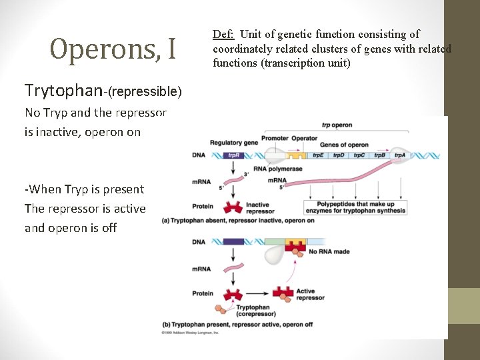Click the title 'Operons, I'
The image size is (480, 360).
(x=113, y=48)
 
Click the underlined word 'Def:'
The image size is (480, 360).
(x=224, y=34)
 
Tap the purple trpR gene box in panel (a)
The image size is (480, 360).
(x=234, y=155)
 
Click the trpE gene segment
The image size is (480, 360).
(x=318, y=155)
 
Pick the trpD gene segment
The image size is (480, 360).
(x=339, y=155)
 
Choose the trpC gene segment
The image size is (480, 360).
(x=359, y=155)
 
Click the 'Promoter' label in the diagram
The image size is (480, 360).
(x=275, y=138)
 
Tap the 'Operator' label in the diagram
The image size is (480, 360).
(x=305, y=138)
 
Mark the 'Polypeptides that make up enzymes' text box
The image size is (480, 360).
(x=361, y=207)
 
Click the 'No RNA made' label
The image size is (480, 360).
(x=329, y=251)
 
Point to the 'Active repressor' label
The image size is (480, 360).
(x=310, y=294)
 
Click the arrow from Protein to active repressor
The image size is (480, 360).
(x=256, y=293)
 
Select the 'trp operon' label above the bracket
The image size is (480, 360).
(x=337, y=125)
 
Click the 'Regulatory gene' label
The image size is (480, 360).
(x=233, y=143)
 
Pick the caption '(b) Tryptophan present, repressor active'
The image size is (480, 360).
(x=237, y=324)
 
